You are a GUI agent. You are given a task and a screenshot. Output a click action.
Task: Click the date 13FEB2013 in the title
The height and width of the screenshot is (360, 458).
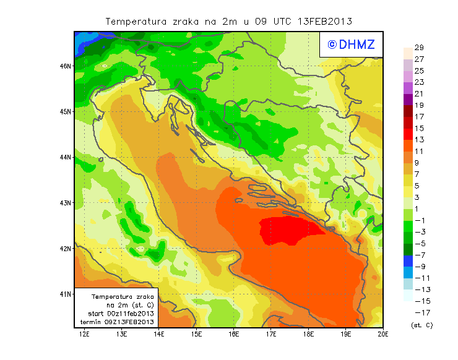[324, 21]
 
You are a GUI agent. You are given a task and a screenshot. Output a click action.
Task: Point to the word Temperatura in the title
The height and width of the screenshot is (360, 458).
[137, 21]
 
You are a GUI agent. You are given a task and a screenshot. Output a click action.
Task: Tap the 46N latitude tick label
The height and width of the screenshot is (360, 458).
[65, 66]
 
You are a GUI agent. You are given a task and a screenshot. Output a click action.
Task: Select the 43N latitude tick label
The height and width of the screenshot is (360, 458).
[65, 203]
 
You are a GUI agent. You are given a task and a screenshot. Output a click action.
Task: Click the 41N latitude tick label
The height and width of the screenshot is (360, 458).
[65, 294]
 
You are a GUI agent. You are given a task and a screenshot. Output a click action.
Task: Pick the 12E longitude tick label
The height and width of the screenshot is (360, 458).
[85, 334]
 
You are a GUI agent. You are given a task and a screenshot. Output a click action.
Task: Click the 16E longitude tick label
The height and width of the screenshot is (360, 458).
[234, 334]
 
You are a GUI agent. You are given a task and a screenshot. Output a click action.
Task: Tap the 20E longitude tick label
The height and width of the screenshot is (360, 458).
[383, 334]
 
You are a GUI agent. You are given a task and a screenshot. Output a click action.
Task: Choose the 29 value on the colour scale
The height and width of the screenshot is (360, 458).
[419, 48]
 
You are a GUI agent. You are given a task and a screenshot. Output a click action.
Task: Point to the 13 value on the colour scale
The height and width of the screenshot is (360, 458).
[419, 140]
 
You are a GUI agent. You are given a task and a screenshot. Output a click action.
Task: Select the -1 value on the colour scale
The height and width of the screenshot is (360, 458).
[420, 220]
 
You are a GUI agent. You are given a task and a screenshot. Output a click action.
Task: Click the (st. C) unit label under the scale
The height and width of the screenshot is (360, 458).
[421, 325]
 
